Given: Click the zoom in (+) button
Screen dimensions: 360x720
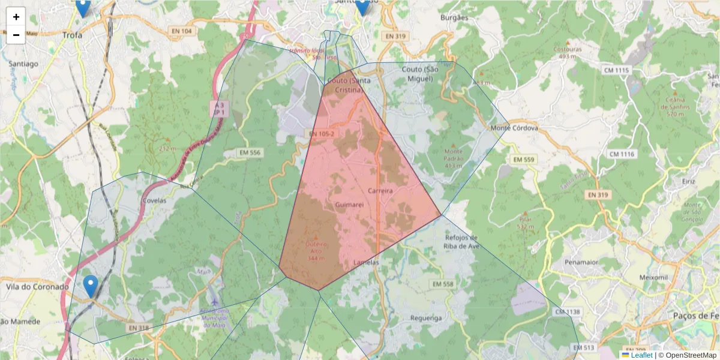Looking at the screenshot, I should [16, 17].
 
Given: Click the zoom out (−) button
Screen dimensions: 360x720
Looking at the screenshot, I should [16, 35].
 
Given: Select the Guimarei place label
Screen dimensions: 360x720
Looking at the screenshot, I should [350, 205].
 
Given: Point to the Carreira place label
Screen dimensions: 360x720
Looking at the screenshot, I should [380, 191].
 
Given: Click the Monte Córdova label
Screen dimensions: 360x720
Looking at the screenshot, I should [514, 128].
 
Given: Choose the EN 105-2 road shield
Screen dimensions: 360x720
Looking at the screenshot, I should [322, 133].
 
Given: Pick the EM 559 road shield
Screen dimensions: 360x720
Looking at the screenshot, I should [523, 160].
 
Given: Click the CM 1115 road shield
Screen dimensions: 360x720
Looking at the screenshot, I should [617, 71].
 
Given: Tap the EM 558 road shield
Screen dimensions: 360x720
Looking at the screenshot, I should [443, 284].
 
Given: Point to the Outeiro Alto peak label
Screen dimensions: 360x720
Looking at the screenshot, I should [316, 251].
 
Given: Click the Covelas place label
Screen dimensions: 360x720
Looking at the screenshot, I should [155, 201].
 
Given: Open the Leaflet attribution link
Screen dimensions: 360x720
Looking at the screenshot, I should [641, 355].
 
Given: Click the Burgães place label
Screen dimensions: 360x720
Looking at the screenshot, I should [454, 18].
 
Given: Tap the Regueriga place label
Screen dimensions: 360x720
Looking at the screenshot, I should [426, 318].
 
